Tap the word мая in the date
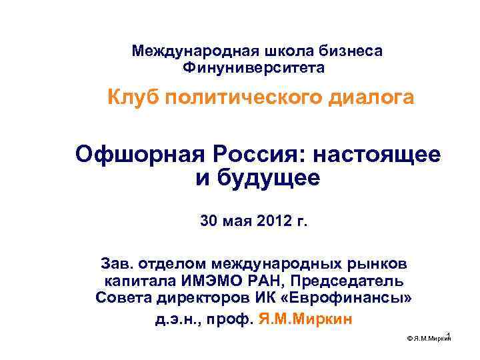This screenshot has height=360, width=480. pos(237,221)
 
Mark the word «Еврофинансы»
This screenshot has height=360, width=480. pos(356,298)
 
